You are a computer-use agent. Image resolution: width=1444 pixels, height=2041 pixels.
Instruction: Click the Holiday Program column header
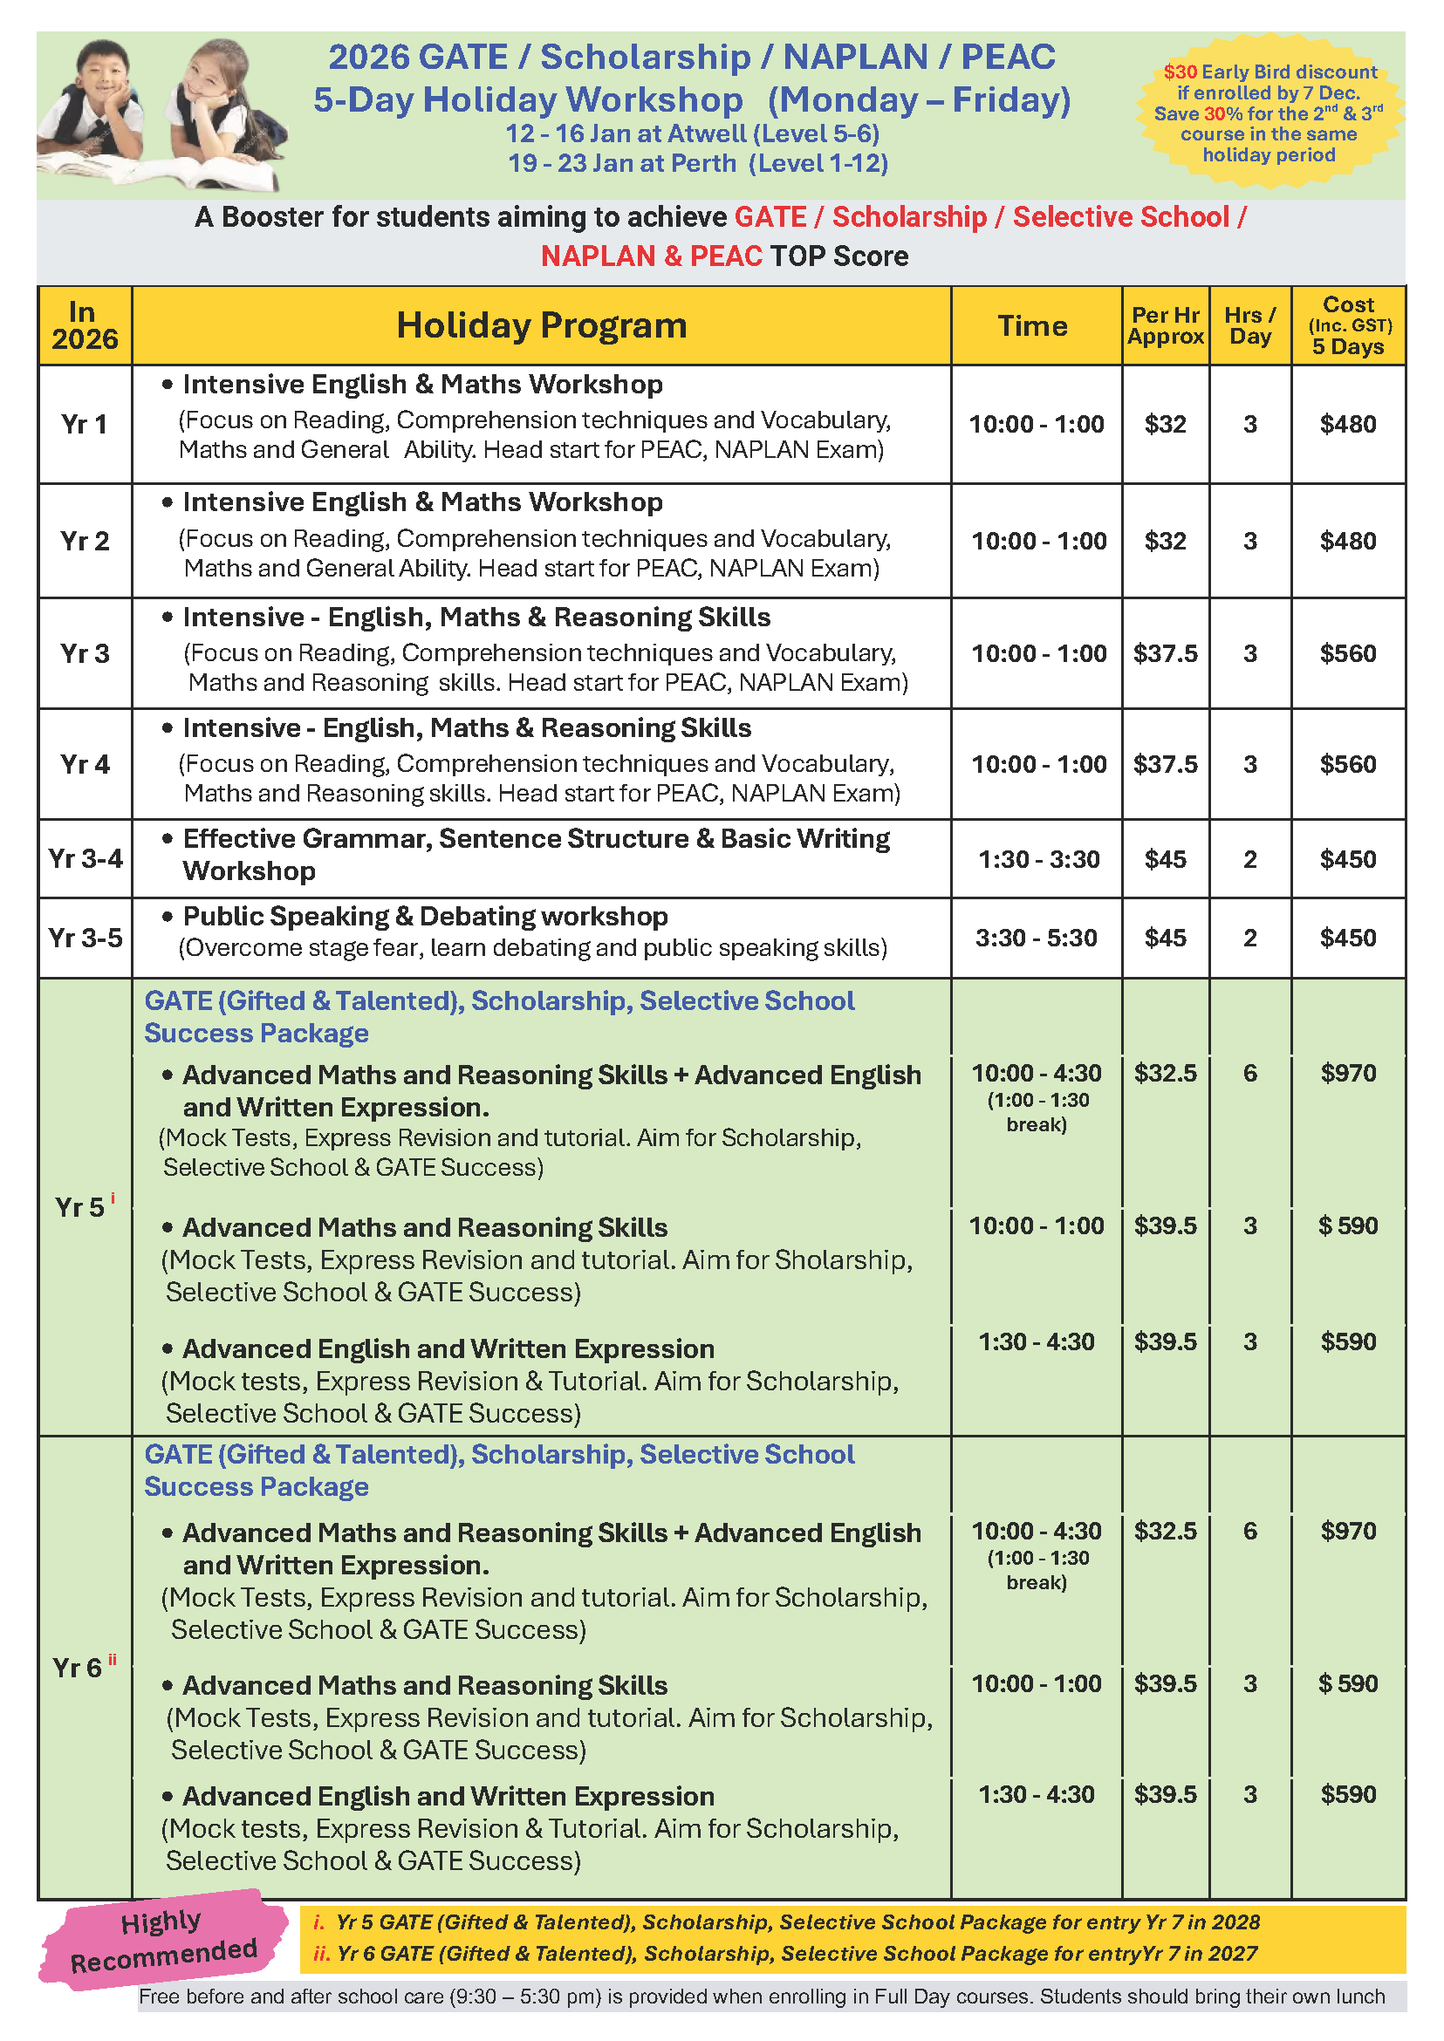tap(541, 325)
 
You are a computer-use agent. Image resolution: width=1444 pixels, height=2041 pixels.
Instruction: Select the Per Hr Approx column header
tap(1165, 325)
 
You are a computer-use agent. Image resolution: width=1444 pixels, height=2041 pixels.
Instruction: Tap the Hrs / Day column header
tap(1249, 325)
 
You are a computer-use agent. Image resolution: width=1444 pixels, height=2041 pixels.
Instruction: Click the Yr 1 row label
tap(85, 424)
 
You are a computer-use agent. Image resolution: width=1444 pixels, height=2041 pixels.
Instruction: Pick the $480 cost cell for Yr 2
tap(1347, 541)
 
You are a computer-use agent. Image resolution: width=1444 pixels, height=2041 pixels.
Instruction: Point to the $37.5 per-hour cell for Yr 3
tap(1165, 653)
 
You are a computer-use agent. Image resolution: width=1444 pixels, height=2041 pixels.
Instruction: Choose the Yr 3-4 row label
tap(86, 859)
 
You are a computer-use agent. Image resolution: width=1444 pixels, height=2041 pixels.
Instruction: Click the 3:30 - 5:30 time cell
tap(1036, 938)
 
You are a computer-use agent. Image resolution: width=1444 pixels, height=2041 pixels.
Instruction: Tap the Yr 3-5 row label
tap(86, 938)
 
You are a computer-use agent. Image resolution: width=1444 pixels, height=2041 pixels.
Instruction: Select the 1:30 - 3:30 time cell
tap(1038, 859)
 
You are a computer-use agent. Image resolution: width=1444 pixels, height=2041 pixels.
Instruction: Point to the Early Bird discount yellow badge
tap(1269, 112)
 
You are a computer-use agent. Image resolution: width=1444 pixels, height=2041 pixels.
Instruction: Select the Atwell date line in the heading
tap(692, 133)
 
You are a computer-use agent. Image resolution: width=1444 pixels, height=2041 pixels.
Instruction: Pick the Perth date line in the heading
tap(697, 164)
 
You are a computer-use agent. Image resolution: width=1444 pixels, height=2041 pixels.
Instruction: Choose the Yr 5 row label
tap(80, 1207)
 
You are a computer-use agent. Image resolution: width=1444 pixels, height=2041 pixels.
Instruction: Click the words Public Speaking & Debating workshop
tap(425, 916)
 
